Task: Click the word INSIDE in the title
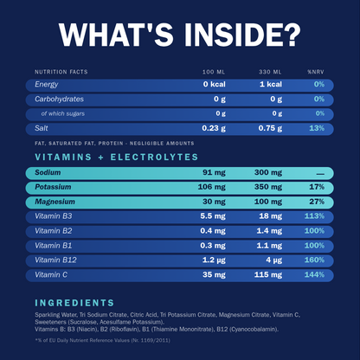[242, 34]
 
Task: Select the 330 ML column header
[270, 72]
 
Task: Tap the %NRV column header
[316, 72]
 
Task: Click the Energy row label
[47, 85]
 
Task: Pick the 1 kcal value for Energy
[271, 84]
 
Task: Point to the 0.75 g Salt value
[270, 128]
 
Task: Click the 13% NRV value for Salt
[317, 128]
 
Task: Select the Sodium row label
[48, 172]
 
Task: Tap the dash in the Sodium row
[320, 174]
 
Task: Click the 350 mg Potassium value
[268, 187]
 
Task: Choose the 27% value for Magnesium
[317, 202]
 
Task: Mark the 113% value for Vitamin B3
[314, 216]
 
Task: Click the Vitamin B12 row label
[55, 260]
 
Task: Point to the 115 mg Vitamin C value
[268, 275]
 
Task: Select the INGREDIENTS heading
[74, 303]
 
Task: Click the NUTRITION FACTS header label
[61, 72]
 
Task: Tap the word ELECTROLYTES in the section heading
[154, 157]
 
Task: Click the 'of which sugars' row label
[63, 113]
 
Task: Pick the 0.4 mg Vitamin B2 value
[213, 231]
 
